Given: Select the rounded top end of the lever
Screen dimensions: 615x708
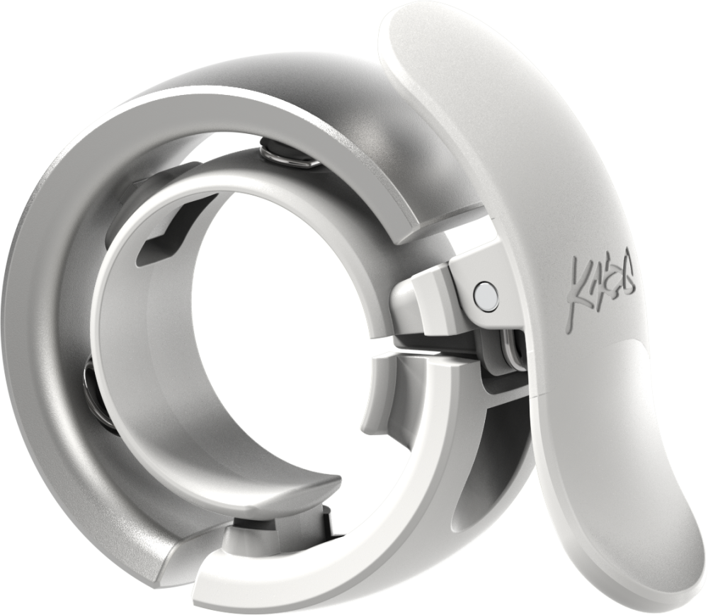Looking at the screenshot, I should click(425, 28).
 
